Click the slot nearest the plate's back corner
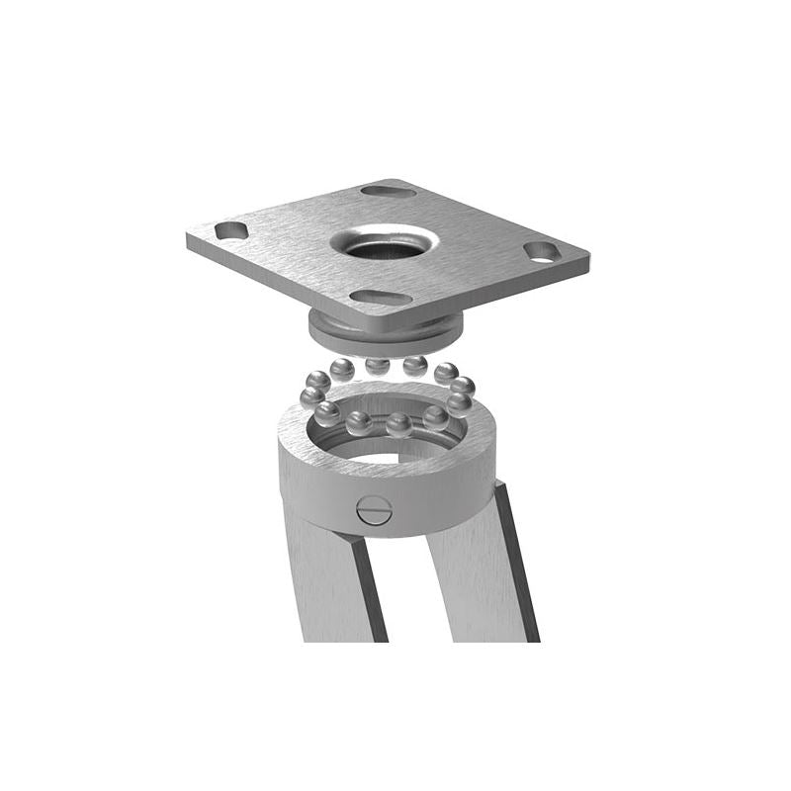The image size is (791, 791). click(388, 191)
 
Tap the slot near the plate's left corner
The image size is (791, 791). click(230, 230)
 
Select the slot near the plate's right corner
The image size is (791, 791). click(542, 251)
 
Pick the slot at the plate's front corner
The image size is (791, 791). click(381, 297)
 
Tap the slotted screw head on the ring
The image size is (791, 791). click(374, 510)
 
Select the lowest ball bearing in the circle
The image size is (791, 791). click(397, 425)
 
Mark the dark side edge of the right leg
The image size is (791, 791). click(518, 564)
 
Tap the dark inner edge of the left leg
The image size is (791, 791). click(369, 593)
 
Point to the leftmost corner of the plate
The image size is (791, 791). click(189, 237)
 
